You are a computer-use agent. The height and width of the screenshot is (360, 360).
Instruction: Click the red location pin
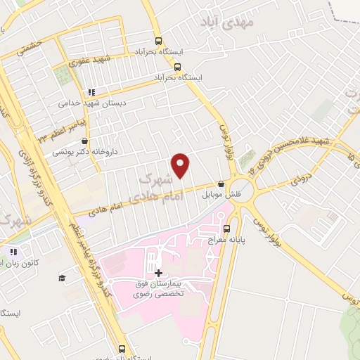pos(181,165)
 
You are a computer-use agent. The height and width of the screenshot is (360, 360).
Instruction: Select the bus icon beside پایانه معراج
pos(226,228)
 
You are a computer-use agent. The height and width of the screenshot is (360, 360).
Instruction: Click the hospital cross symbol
pos(158,273)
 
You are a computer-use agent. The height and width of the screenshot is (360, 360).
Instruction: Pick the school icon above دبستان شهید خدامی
pos(91,92)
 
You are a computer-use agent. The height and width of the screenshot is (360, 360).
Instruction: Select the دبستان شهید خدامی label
pos(84,103)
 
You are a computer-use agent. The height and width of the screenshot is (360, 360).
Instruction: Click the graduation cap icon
pos(62,278)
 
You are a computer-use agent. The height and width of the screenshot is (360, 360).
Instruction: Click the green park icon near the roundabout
pos(245,160)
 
